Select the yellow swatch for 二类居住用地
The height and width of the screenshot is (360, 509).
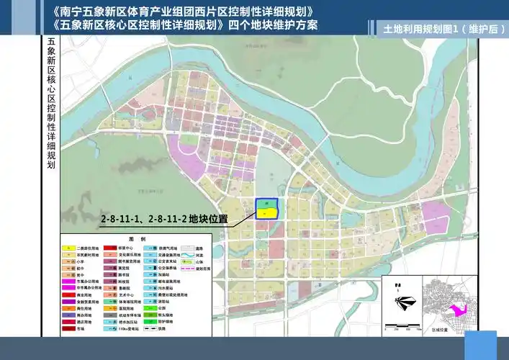[69, 247]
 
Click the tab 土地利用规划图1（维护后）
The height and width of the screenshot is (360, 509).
[440, 30]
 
